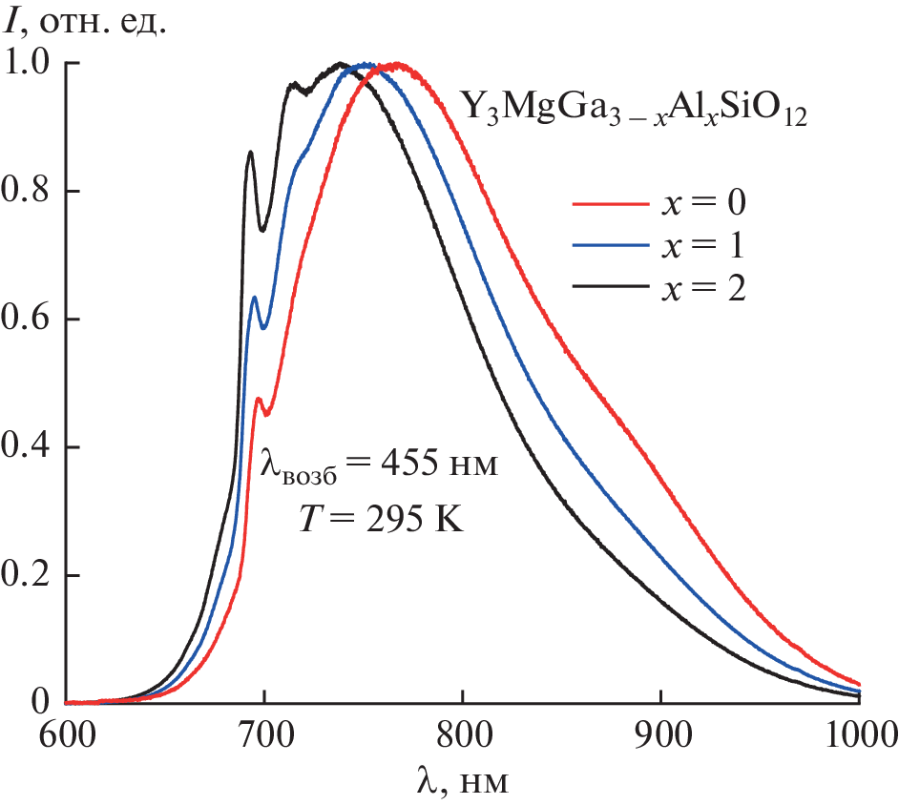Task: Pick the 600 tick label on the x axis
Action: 65,737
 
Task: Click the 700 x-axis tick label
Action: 263,737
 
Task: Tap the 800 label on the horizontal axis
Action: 462,737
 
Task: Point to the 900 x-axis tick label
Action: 660,737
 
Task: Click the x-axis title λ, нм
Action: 463,783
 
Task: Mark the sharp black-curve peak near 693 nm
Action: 250,152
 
